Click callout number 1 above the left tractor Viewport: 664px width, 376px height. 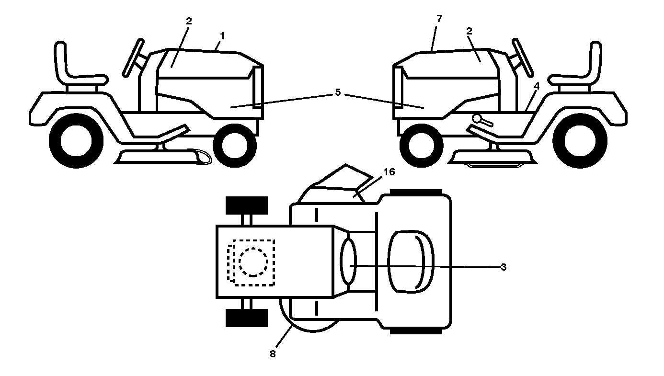[222, 36]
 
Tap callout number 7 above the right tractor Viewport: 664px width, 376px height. [439, 19]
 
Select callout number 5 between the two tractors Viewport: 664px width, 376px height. [338, 92]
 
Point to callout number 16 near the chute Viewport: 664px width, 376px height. [389, 172]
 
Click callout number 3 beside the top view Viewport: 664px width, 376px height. [504, 267]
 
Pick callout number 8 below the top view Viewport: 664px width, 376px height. [273, 354]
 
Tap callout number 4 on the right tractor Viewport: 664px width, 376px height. [537, 86]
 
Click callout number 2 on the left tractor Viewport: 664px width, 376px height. [189, 21]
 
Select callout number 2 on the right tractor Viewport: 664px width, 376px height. [469, 31]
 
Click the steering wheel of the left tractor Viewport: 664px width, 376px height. [133, 58]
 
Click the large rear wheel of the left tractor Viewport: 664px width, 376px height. [76, 141]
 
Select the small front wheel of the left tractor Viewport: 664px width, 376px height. [235, 146]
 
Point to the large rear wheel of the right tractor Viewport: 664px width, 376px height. [580, 141]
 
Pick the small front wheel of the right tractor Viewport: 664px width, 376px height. [421, 146]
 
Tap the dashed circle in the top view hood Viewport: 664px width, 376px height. [253, 262]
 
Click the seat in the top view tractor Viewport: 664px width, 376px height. [411, 262]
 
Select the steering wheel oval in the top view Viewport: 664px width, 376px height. [348, 262]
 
